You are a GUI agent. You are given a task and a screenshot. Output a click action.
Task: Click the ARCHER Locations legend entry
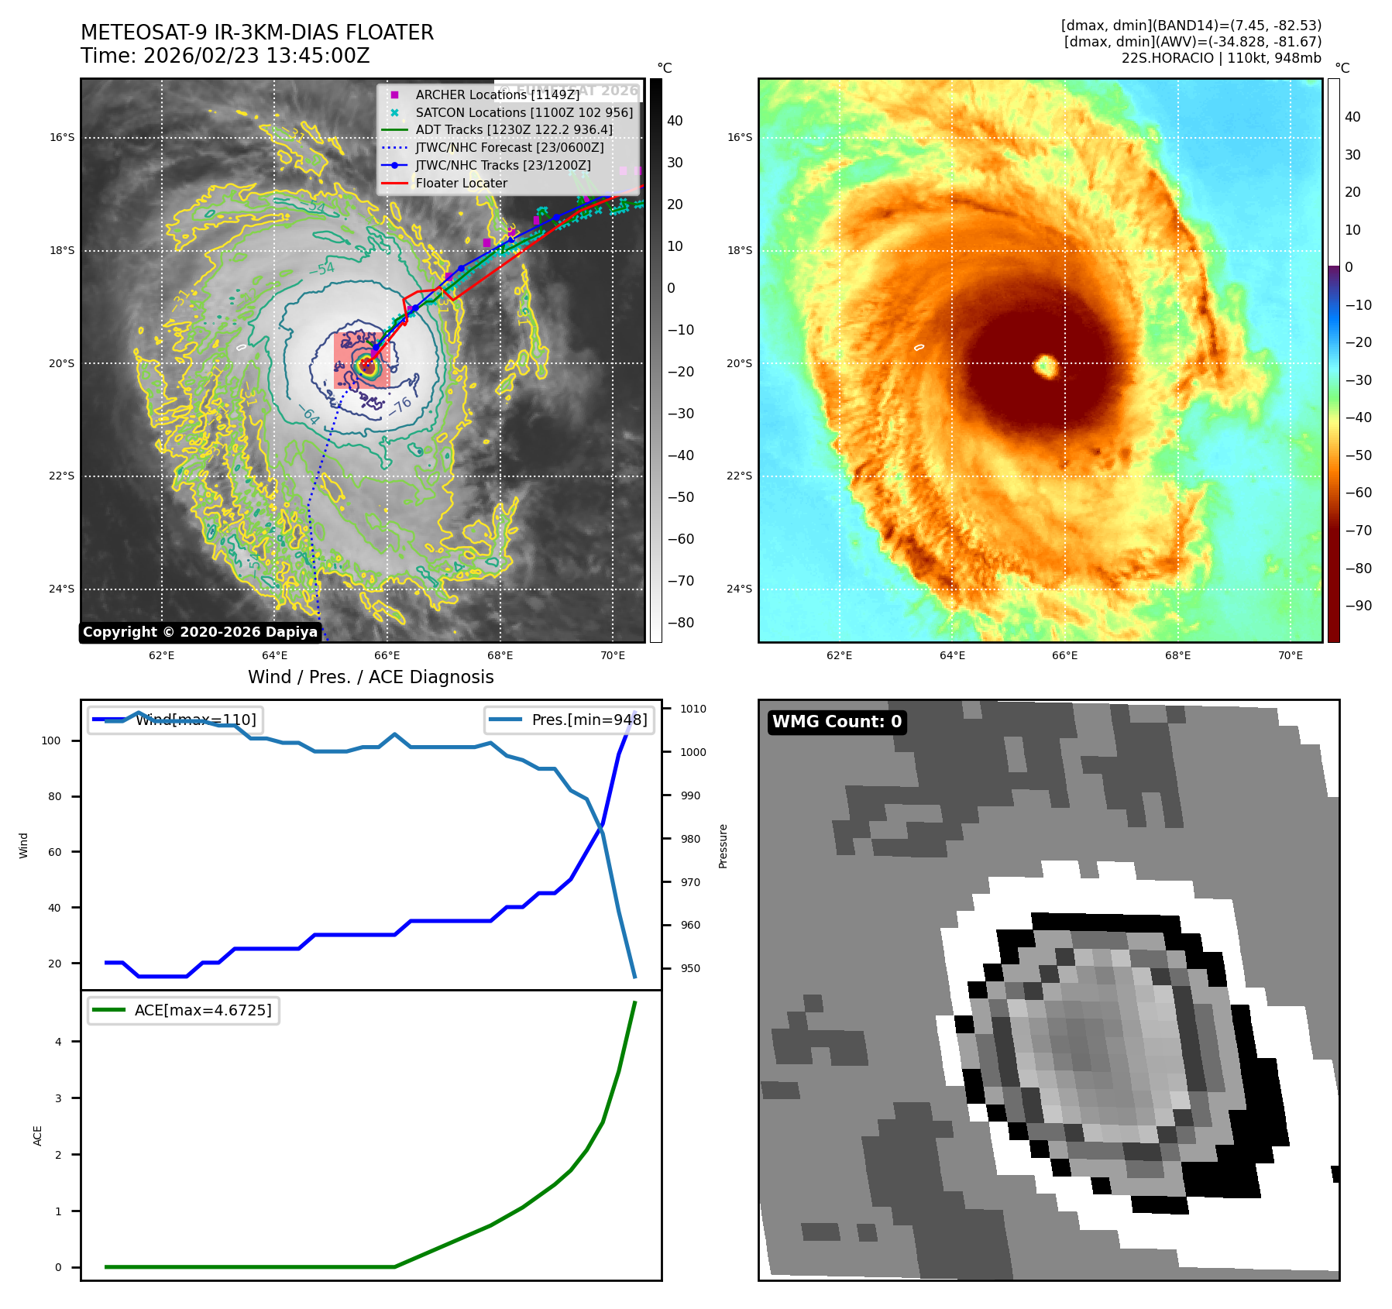497,94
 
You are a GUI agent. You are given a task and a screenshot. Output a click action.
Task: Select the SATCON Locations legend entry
524,112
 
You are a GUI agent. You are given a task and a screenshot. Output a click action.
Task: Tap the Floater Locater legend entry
461,184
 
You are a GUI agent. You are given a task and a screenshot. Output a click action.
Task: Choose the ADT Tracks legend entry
514,130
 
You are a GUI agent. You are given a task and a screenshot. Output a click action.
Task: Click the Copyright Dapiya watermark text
200,632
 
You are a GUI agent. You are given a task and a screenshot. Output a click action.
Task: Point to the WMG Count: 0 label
837,722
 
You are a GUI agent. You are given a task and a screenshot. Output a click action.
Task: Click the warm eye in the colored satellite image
1047,366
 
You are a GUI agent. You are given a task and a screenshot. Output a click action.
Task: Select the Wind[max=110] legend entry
195,720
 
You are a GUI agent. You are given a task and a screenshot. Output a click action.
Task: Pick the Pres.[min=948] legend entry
589,720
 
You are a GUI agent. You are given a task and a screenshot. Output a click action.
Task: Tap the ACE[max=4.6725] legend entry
202,1010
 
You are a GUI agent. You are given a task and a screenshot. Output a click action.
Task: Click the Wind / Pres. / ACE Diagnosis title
370,677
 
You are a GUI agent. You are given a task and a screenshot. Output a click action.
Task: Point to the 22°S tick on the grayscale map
62,476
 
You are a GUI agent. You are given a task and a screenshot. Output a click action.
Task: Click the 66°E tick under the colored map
1064,656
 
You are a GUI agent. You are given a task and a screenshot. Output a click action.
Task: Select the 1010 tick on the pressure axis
693,709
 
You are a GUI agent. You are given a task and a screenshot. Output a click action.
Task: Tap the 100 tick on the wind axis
51,740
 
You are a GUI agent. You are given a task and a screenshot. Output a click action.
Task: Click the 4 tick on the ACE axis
58,1042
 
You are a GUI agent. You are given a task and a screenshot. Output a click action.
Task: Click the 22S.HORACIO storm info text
1221,58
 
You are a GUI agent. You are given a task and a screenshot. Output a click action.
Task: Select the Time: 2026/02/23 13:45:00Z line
225,56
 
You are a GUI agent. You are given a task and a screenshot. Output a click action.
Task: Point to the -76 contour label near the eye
400,405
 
